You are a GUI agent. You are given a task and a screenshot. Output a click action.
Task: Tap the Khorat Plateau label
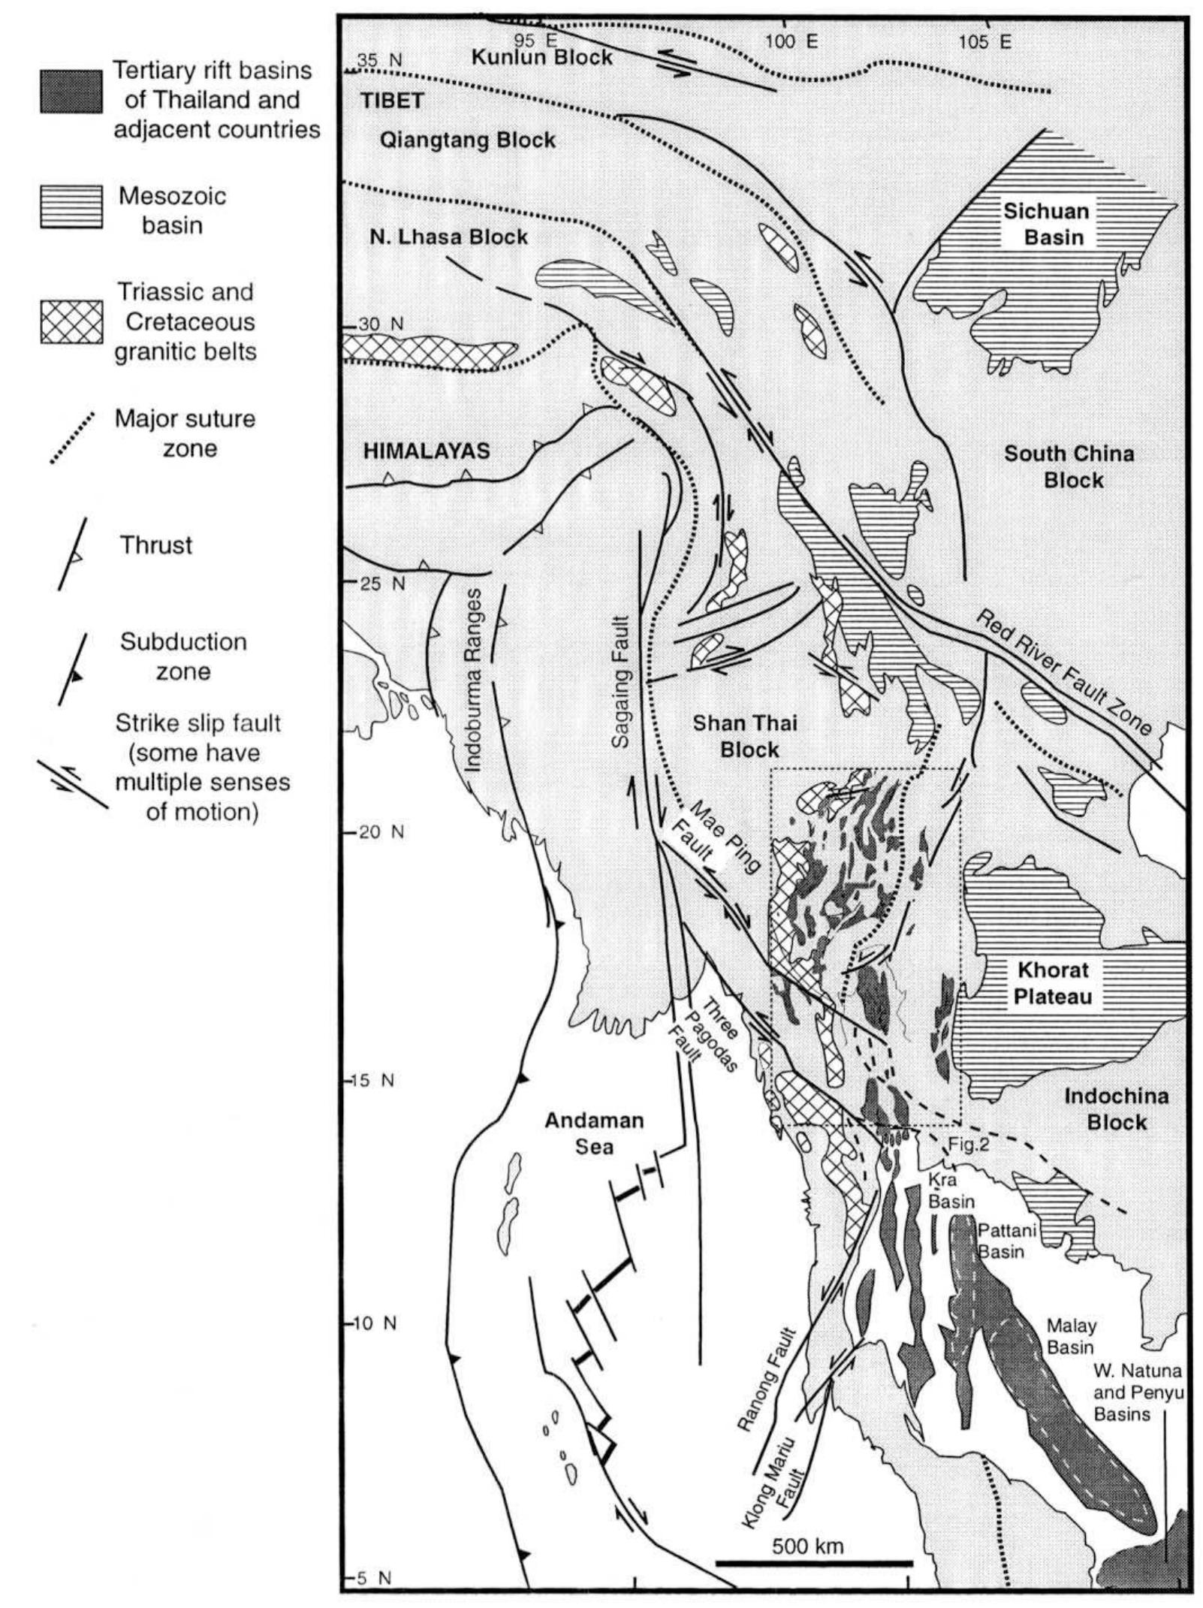coord(1052,982)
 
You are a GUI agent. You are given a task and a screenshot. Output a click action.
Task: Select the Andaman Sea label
coord(594,1133)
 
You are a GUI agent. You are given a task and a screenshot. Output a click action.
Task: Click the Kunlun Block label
coord(541,57)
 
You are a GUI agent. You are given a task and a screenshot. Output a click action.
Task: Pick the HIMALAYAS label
coord(427,451)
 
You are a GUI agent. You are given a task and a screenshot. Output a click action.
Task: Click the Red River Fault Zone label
coord(1062,673)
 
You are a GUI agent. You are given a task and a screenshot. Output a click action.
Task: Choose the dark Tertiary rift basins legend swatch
coord(71,92)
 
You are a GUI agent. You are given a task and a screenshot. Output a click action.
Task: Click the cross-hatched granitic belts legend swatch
coord(71,321)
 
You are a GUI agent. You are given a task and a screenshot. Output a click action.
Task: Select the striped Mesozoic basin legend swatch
coord(71,206)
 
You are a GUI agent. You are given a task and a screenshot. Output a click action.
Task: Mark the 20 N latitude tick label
coord(381,832)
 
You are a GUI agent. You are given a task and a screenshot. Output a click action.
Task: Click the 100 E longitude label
coord(791,41)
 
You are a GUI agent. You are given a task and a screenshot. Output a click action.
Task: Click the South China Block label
coord(1069,466)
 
